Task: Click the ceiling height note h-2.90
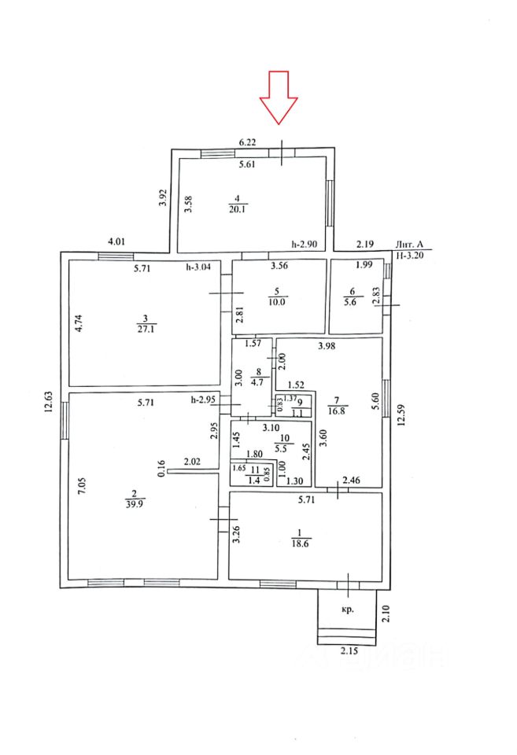[x=304, y=245]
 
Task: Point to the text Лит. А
[x=409, y=246]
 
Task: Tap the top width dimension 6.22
[x=248, y=143]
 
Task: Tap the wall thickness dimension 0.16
[x=161, y=470]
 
